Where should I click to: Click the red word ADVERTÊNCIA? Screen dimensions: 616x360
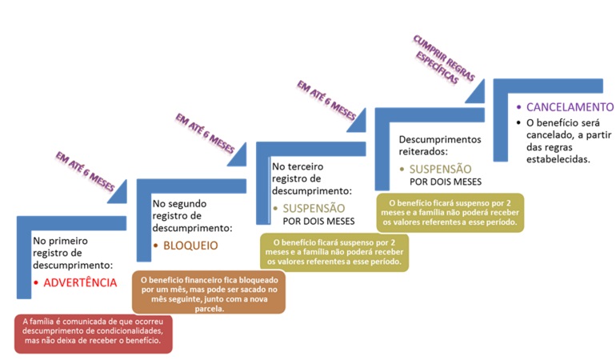80,282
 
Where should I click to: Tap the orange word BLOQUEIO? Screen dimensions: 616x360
190,246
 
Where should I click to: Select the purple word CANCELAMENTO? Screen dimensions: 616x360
570,107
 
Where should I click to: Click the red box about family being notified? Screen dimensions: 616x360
93,334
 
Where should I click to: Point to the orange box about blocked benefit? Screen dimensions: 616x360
209,292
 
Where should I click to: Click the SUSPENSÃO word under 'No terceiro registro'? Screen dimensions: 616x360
314,208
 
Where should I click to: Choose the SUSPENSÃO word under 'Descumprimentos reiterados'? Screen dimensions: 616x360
440,169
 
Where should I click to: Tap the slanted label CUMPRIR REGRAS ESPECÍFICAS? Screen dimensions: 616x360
444,59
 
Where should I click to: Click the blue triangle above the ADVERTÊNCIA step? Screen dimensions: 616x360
118,194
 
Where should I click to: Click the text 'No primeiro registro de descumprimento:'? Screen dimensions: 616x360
73,253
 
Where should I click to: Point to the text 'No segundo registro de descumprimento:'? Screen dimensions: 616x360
192,216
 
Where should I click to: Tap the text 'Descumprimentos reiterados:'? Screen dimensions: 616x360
440,146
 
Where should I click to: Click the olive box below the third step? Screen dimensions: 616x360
334,252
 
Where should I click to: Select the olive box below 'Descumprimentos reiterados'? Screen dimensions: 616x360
450,213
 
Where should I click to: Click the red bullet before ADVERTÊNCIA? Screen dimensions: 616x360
36,283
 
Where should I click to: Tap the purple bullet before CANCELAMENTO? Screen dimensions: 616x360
519,107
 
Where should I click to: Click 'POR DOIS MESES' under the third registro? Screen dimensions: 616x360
318,222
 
